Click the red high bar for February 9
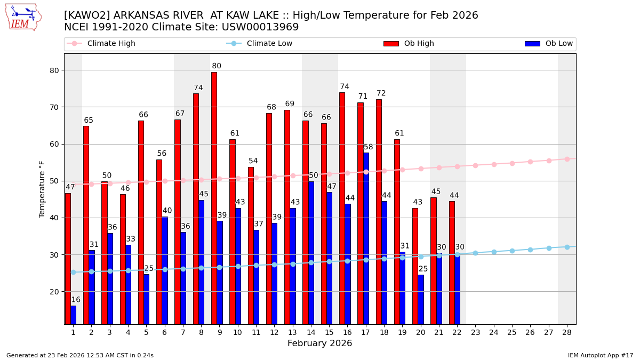[214, 197]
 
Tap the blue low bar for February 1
[73, 315]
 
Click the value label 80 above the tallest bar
[217, 66]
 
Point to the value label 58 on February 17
[369, 147]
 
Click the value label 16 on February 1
[76, 300]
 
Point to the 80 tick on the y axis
[55, 70]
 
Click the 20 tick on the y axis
[55, 292]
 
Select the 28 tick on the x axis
[567, 332]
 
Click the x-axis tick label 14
[311, 332]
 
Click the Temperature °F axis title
[42, 189]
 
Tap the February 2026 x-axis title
[319, 343]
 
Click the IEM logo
[23, 17]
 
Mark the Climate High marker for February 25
[512, 163]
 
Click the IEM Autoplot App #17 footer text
[601, 355]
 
